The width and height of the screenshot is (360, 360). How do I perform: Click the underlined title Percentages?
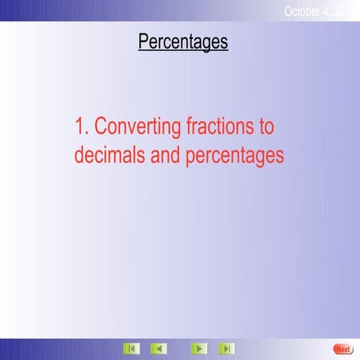click(x=183, y=42)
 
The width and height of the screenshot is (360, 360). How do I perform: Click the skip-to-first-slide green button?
click(x=131, y=349)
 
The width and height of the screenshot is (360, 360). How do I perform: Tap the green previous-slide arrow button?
click(x=159, y=349)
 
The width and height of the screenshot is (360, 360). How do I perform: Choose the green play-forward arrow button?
click(x=199, y=349)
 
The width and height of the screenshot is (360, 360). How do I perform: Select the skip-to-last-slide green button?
click(x=226, y=349)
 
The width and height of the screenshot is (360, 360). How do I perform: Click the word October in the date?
click(x=306, y=10)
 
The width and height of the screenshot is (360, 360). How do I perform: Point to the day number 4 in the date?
click(x=334, y=10)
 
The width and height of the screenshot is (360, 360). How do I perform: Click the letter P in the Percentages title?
click(x=143, y=42)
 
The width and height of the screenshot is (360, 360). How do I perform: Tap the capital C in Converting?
click(x=101, y=126)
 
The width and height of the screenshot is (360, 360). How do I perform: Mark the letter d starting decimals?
click(x=79, y=155)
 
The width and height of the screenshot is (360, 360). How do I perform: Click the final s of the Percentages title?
click(x=223, y=43)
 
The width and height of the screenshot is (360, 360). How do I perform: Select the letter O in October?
click(x=289, y=10)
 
